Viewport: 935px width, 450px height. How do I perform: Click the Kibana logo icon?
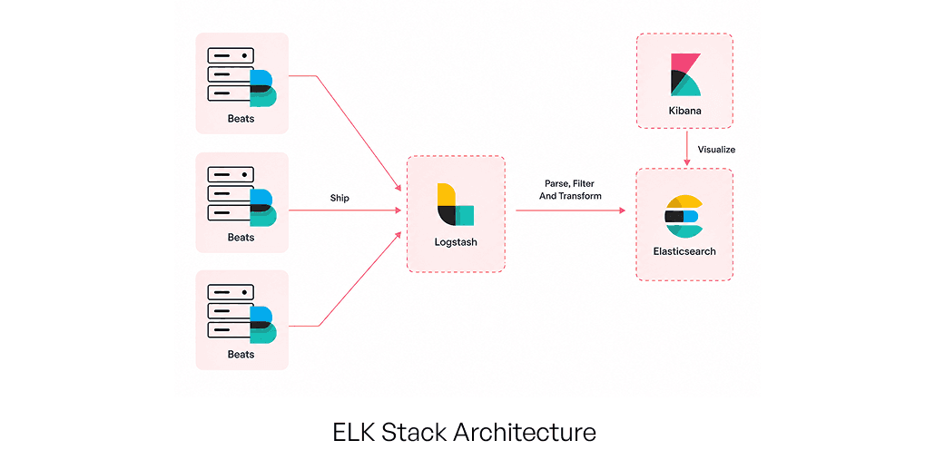click(x=685, y=74)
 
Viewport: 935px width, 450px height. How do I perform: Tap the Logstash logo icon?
click(x=456, y=204)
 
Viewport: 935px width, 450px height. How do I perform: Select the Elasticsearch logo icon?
click(x=684, y=216)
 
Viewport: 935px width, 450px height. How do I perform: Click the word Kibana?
click(x=684, y=111)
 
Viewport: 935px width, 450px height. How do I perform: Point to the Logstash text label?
click(x=456, y=242)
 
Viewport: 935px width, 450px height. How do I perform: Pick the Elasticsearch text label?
click(x=684, y=251)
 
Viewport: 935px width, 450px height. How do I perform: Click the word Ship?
click(x=340, y=197)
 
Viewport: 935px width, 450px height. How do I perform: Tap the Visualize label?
click(x=716, y=150)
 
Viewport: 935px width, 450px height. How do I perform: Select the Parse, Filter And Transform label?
click(x=570, y=190)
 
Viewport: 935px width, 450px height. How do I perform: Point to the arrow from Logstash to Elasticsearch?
click(x=571, y=210)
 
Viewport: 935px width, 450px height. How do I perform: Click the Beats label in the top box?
click(x=241, y=119)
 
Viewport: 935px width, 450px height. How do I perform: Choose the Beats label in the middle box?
click(x=241, y=237)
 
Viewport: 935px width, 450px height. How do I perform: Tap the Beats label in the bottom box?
click(x=241, y=354)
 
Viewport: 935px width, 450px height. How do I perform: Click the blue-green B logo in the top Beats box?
click(x=263, y=88)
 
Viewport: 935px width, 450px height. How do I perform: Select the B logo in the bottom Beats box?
click(x=263, y=326)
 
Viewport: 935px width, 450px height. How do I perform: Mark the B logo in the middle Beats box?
click(x=263, y=208)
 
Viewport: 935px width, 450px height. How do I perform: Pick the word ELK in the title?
click(x=354, y=432)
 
